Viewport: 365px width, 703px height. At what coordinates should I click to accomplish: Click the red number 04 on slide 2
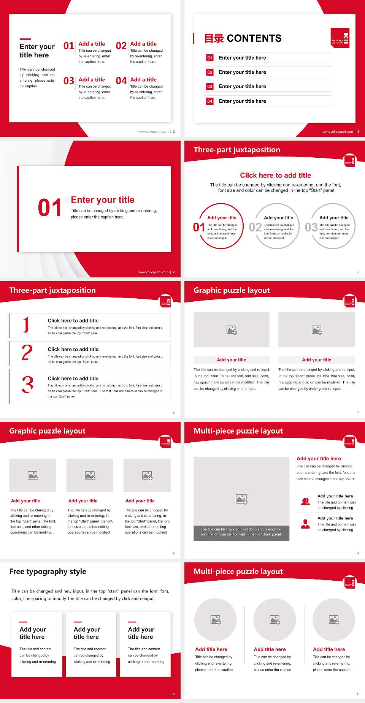pos(121,81)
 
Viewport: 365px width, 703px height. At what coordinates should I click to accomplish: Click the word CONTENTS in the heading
pos(254,38)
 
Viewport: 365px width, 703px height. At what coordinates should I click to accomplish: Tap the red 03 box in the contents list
pos(210,87)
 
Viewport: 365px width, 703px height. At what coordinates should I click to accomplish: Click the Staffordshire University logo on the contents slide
pos(340,38)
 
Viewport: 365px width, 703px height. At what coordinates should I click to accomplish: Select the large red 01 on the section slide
pos(50,208)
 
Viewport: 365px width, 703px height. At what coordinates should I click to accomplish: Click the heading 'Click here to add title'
pos(275,175)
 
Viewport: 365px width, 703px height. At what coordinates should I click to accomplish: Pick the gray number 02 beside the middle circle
pos(255,227)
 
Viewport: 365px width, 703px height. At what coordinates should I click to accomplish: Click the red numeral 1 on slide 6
pos(26,325)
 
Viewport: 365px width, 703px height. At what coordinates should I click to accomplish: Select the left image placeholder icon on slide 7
pos(232,330)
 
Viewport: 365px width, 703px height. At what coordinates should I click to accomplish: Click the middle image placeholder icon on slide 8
pos(90,475)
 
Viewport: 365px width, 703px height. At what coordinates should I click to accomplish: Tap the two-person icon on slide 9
pos(305,502)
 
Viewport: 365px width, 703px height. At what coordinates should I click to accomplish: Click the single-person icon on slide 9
pos(305,524)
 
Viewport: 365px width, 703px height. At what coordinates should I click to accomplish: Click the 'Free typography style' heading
pos(48,572)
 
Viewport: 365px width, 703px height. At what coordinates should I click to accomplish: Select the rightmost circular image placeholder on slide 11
pos(334,620)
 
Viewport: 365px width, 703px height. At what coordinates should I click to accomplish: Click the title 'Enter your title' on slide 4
pos(103,200)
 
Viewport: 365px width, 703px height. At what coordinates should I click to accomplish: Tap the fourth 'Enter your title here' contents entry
pos(242,101)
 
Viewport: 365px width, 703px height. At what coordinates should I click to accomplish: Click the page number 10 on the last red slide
pos(174,694)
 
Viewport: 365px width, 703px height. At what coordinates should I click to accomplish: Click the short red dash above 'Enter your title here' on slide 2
pos(25,39)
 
